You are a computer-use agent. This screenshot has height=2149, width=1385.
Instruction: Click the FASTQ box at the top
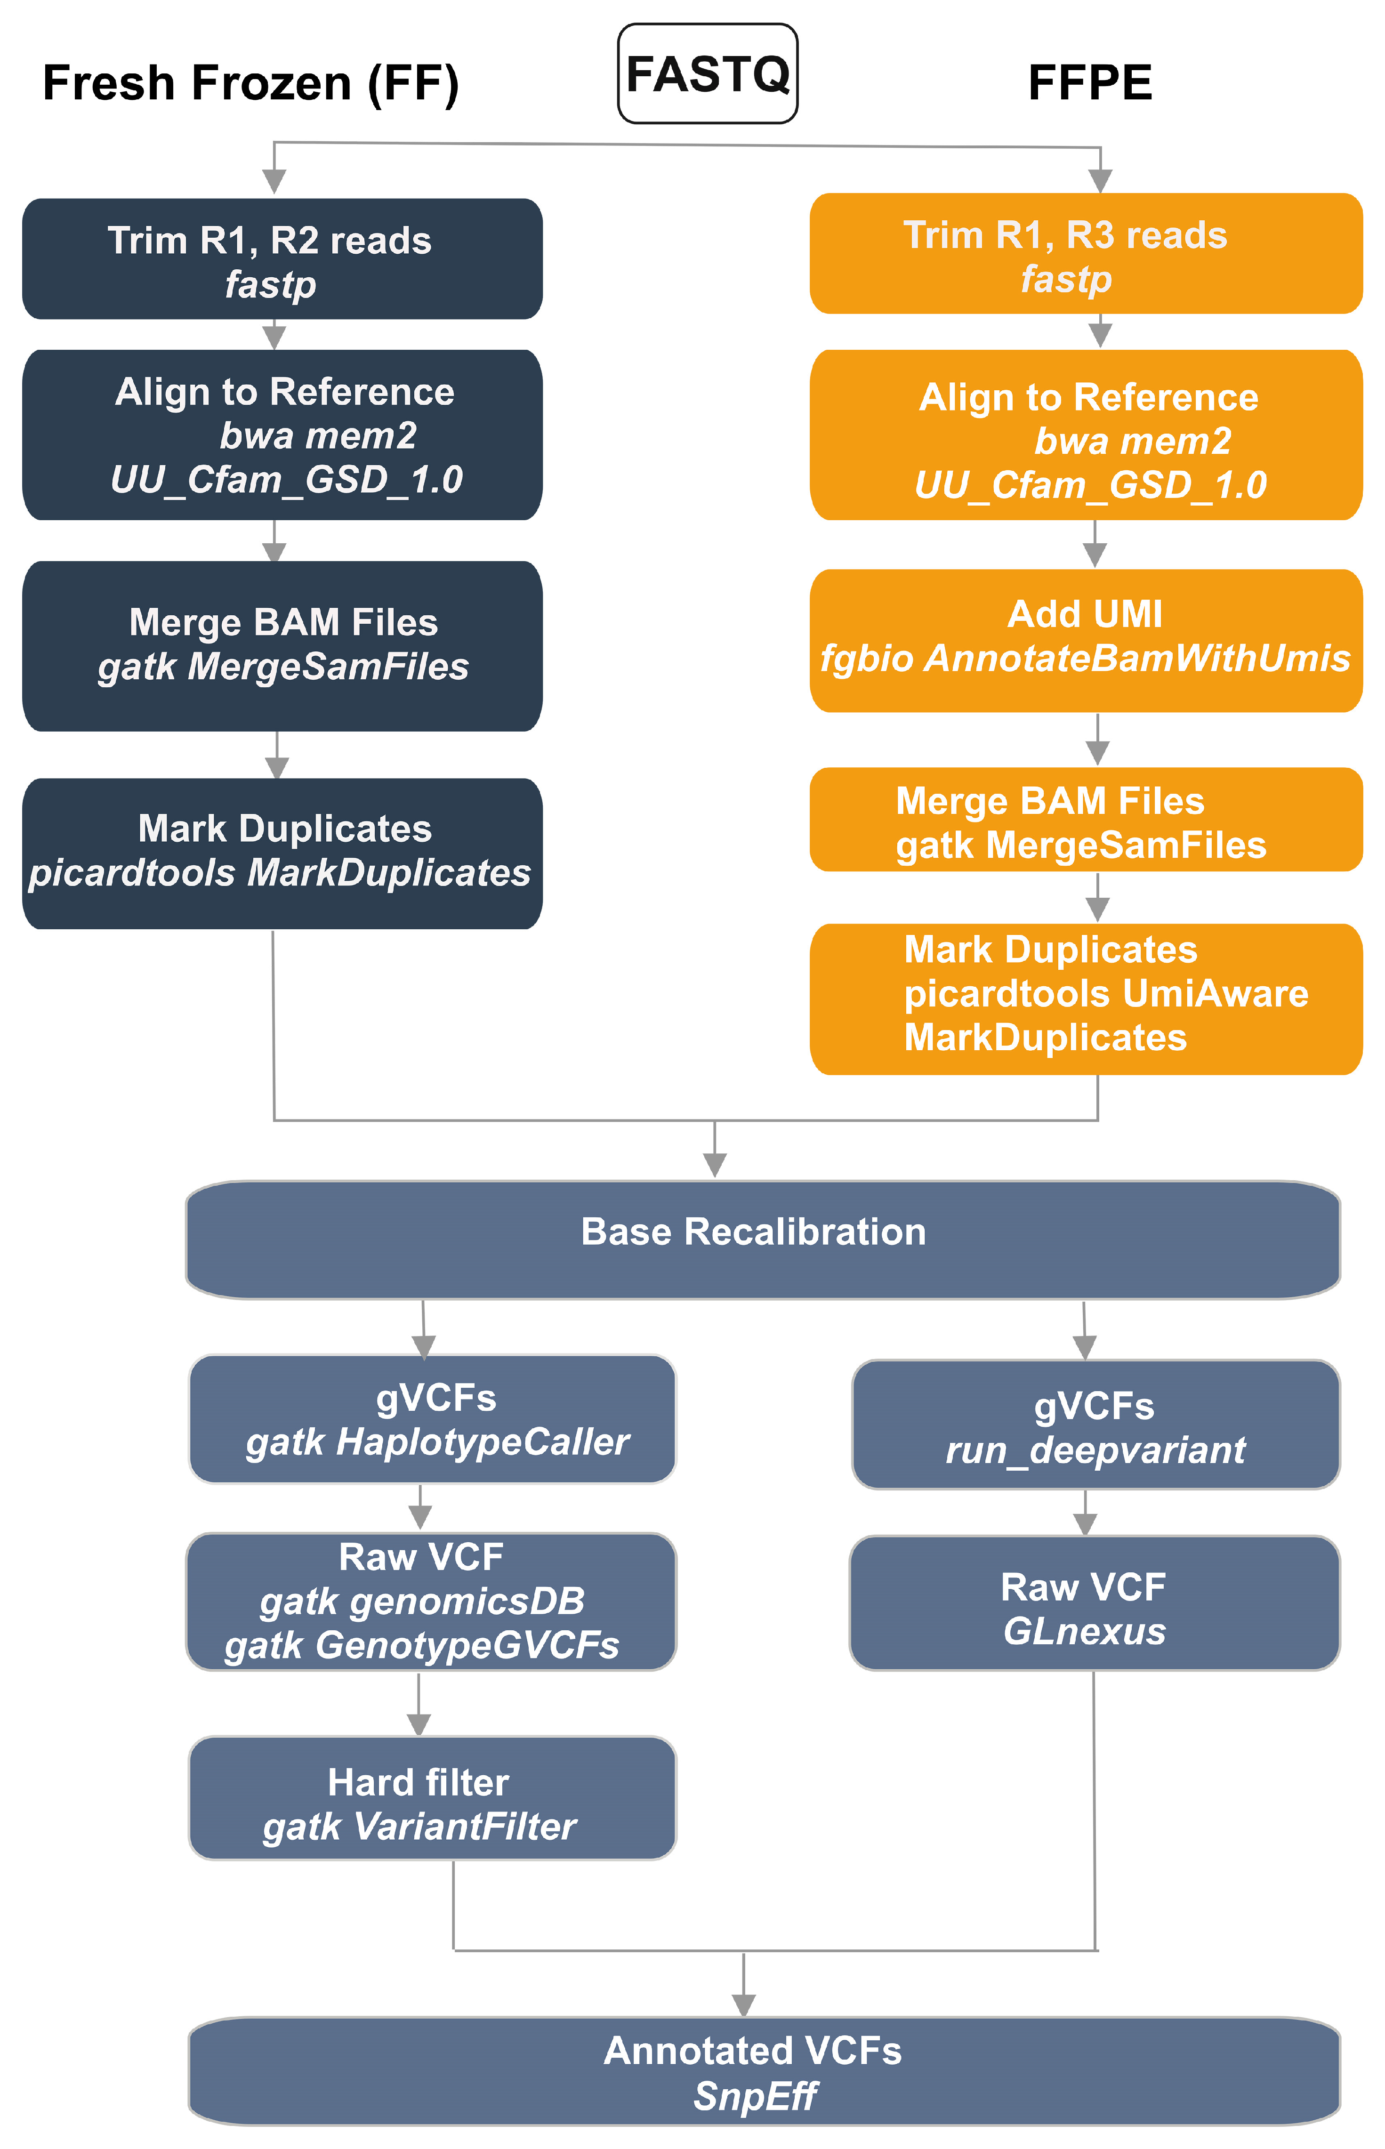pos(707,74)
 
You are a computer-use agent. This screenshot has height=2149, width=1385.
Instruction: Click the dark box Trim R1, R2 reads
pos(282,259)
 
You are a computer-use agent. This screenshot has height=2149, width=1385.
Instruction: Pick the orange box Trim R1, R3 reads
pos(1086,254)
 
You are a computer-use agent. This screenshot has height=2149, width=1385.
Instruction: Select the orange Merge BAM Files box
pos(1086,820)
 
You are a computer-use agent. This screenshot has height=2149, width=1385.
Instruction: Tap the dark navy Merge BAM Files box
pos(282,645)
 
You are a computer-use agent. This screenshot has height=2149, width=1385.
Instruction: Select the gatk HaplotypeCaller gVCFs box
pos(432,1419)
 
